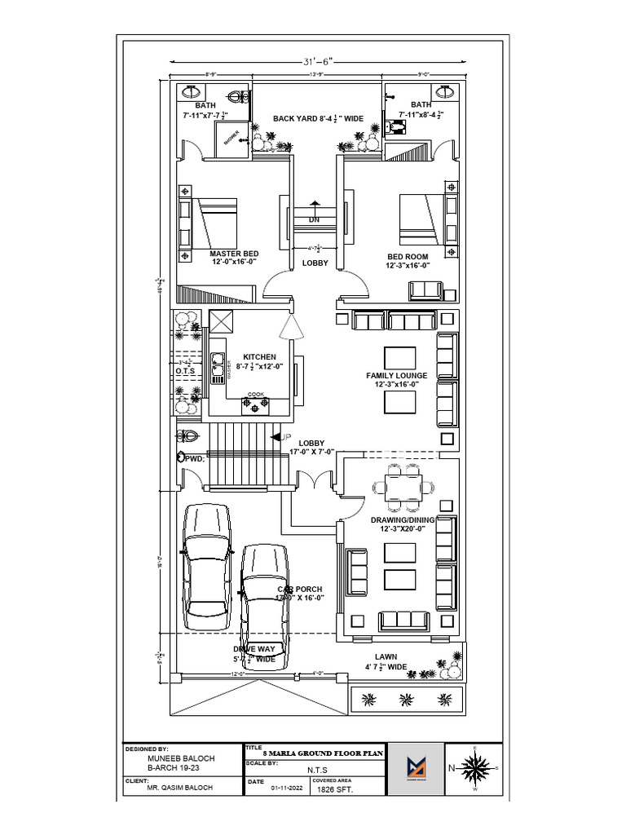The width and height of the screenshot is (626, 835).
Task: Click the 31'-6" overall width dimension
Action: [317, 61]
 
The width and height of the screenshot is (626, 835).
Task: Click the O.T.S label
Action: [185, 371]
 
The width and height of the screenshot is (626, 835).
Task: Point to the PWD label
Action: [192, 459]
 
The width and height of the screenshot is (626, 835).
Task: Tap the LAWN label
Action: [386, 656]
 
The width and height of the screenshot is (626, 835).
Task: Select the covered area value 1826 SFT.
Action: [329, 790]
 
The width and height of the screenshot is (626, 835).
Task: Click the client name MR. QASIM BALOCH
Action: [179, 788]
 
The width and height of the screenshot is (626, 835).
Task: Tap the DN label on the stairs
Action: [314, 220]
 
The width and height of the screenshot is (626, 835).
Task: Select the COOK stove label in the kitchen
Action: [256, 394]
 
